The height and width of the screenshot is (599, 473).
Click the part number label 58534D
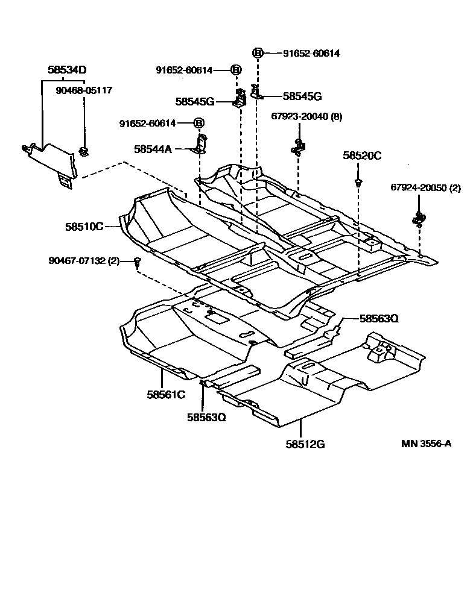pos(68,70)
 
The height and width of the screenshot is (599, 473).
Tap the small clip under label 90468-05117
pos(83,151)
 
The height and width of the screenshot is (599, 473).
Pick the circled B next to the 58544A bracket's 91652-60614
pos(198,123)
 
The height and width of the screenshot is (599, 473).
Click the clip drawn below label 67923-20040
pos(297,147)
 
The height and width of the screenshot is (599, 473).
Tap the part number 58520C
pos(362,155)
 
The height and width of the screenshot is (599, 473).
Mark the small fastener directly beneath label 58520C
pos(358,181)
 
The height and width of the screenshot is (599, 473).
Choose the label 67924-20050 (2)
pos(425,188)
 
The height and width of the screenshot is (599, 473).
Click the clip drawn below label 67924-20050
pos(418,218)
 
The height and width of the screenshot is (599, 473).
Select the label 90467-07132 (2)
pos(85,260)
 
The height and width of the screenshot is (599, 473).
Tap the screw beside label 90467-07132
pos(138,262)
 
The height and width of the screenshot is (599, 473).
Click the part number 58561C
pos(165,395)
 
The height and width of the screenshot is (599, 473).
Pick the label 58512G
pos(306,444)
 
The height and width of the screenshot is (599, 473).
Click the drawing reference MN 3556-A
pos(426,444)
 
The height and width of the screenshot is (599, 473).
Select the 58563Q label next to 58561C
pos(206,416)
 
